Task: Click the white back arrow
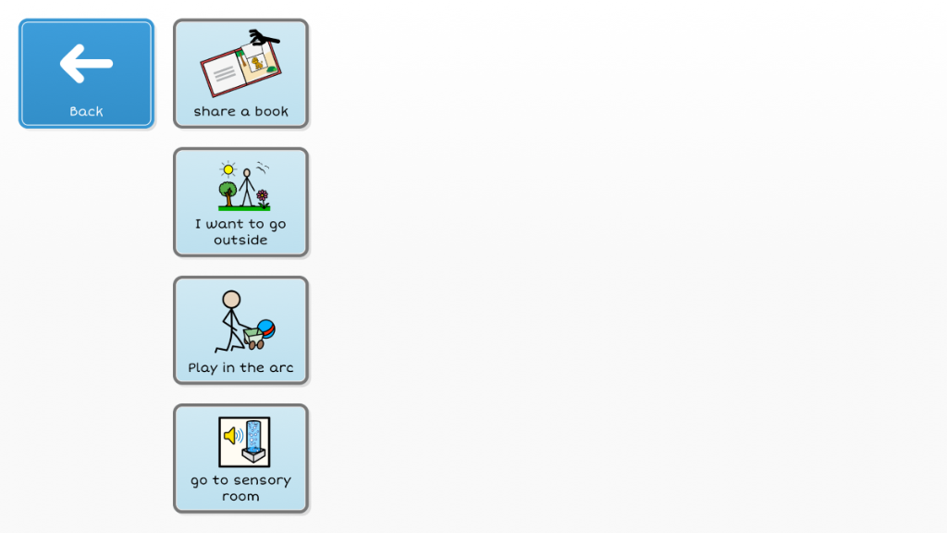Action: [x=86, y=63]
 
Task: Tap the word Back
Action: [x=86, y=111]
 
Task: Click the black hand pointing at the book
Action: [x=264, y=37]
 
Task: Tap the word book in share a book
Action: [x=271, y=111]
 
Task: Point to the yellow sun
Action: [x=228, y=169]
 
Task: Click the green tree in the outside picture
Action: [x=228, y=194]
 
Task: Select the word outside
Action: [x=240, y=240]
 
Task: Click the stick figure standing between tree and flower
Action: [x=246, y=188]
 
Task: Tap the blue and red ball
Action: [x=266, y=328]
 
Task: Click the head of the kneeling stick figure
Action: [x=231, y=299]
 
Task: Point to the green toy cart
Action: [x=253, y=338]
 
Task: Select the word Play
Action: [x=203, y=368]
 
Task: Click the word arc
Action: [x=281, y=368]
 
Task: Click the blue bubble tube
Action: [x=253, y=437]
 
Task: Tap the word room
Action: [x=240, y=497]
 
